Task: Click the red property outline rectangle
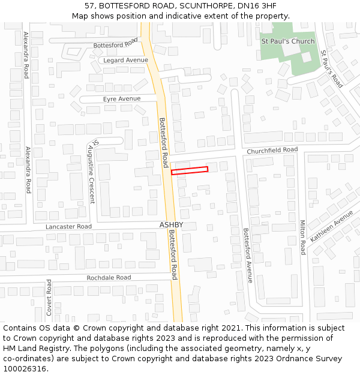190,170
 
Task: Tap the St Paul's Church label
287,41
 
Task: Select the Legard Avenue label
125,61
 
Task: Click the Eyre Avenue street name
122,98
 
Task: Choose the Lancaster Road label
69,227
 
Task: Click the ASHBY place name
171,225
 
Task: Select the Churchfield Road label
272,150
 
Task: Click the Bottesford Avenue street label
248,255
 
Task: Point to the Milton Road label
302,237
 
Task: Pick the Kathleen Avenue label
331,226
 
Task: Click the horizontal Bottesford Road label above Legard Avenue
116,45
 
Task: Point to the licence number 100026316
26,369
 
